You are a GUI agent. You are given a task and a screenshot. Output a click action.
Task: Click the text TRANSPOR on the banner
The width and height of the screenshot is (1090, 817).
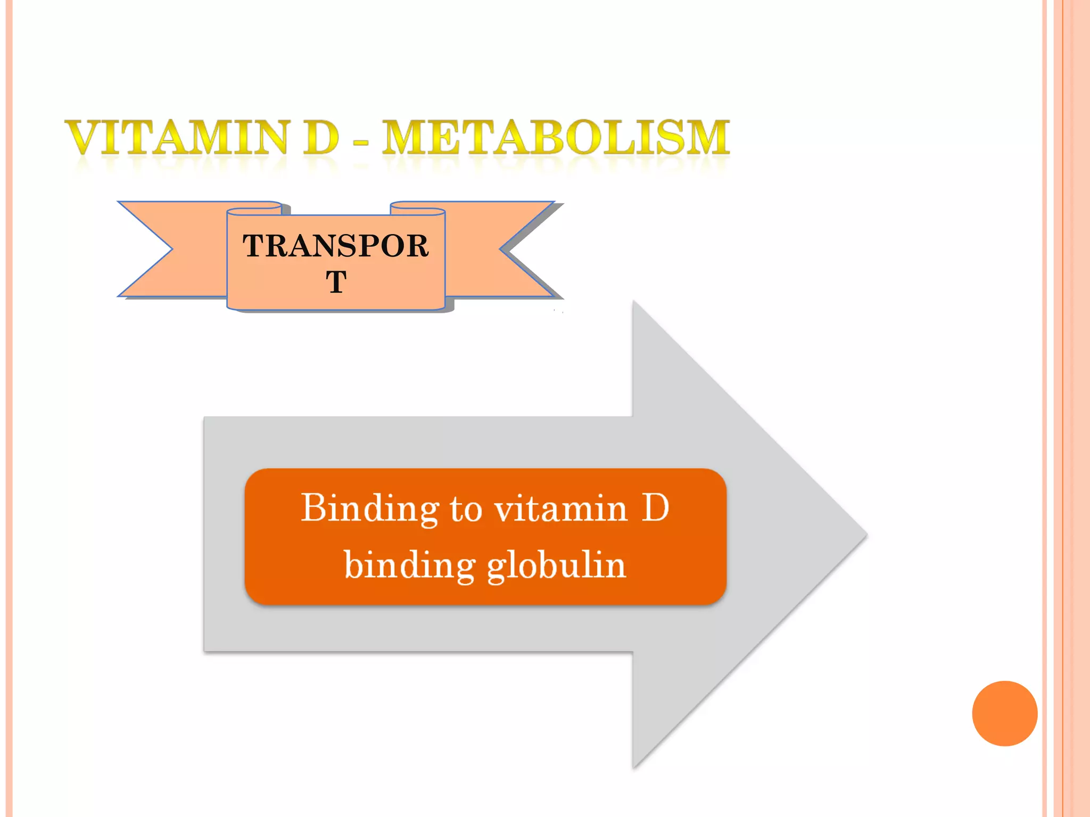[336, 246]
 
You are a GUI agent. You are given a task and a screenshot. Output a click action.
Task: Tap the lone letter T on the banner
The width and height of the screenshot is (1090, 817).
[336, 281]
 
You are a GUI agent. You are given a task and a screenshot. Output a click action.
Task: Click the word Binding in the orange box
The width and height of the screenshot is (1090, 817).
[369, 508]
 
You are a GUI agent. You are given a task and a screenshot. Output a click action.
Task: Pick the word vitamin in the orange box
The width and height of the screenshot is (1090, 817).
[561, 508]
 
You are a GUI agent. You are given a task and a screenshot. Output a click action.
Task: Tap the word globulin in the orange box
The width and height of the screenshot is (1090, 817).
[556, 565]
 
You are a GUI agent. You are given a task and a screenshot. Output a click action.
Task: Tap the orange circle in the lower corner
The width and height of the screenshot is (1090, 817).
[1004, 713]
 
